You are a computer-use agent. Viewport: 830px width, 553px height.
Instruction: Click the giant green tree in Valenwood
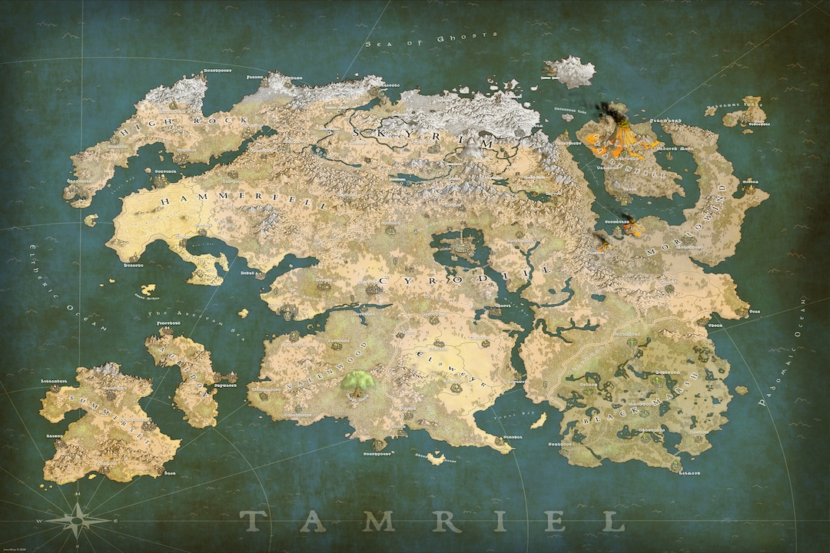(357, 381)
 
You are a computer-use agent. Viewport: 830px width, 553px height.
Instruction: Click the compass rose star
(78, 521)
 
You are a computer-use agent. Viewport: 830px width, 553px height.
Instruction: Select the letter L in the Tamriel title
(613, 522)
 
